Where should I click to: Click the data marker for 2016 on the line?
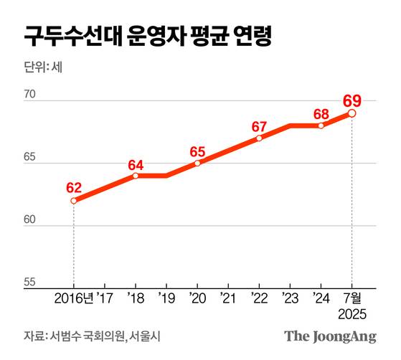pos(73,201)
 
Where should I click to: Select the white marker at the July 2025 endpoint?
pos(352,113)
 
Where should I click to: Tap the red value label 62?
pos(73,188)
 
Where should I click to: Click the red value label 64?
pos(136,165)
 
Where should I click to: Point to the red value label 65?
pos(198,152)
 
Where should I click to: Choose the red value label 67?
pos(260,127)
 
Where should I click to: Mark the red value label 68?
pos(321,114)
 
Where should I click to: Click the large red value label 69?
pos(352,100)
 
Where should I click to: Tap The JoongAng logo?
pos(331,336)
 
